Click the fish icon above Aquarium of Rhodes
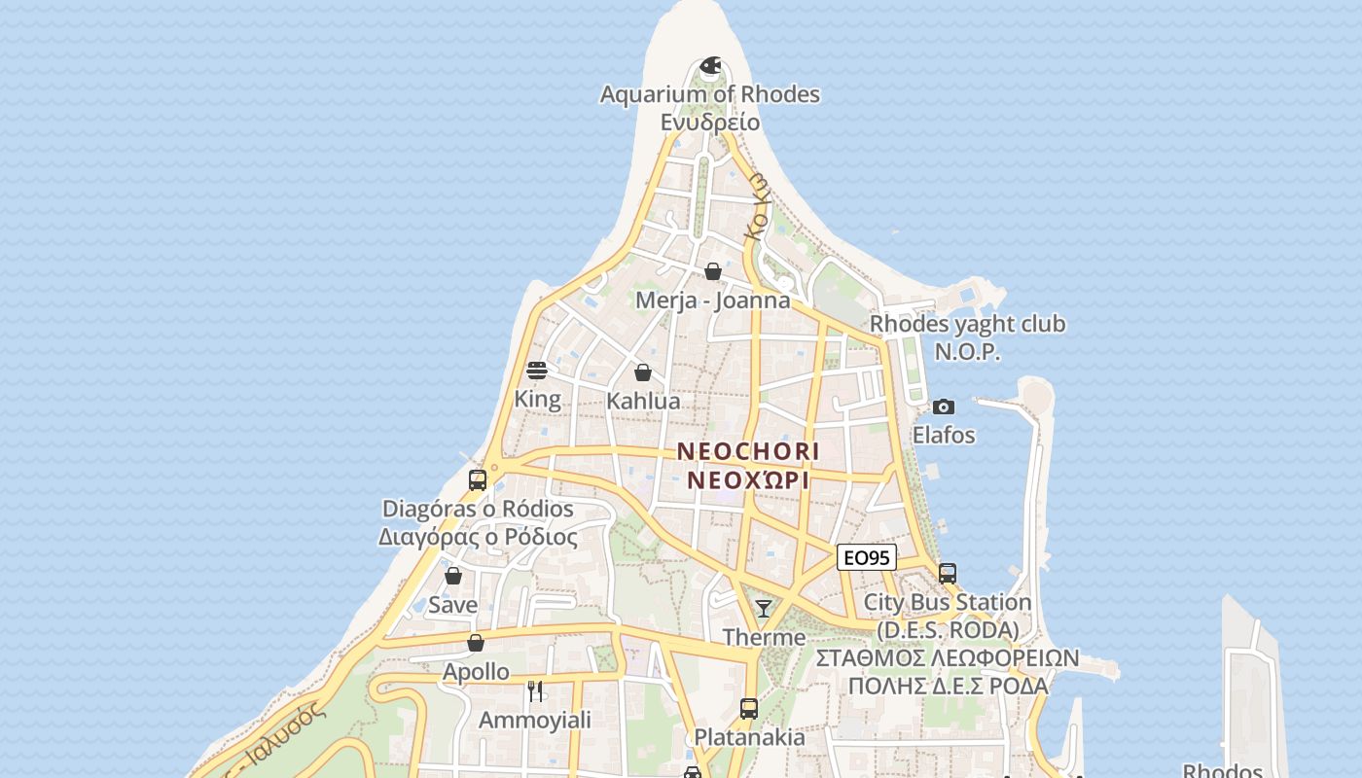tap(711, 67)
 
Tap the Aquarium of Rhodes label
tap(709, 94)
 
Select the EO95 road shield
tap(866, 557)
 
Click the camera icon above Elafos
tap(943, 407)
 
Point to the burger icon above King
tap(537, 371)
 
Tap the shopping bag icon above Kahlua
tap(643, 372)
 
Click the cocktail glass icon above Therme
tap(764, 609)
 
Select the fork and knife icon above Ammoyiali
tap(535, 691)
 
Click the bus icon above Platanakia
tap(748, 708)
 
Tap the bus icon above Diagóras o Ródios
tap(478, 479)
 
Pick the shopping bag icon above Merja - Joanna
tap(713, 271)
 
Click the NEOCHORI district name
tap(748, 451)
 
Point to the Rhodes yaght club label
tap(967, 324)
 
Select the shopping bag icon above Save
tap(453, 576)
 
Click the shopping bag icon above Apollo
tap(476, 643)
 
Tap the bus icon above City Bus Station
tap(948, 574)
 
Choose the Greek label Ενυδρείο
tap(709, 123)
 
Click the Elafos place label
tap(943, 435)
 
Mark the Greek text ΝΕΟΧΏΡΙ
tap(748, 480)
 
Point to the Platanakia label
tap(748, 737)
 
